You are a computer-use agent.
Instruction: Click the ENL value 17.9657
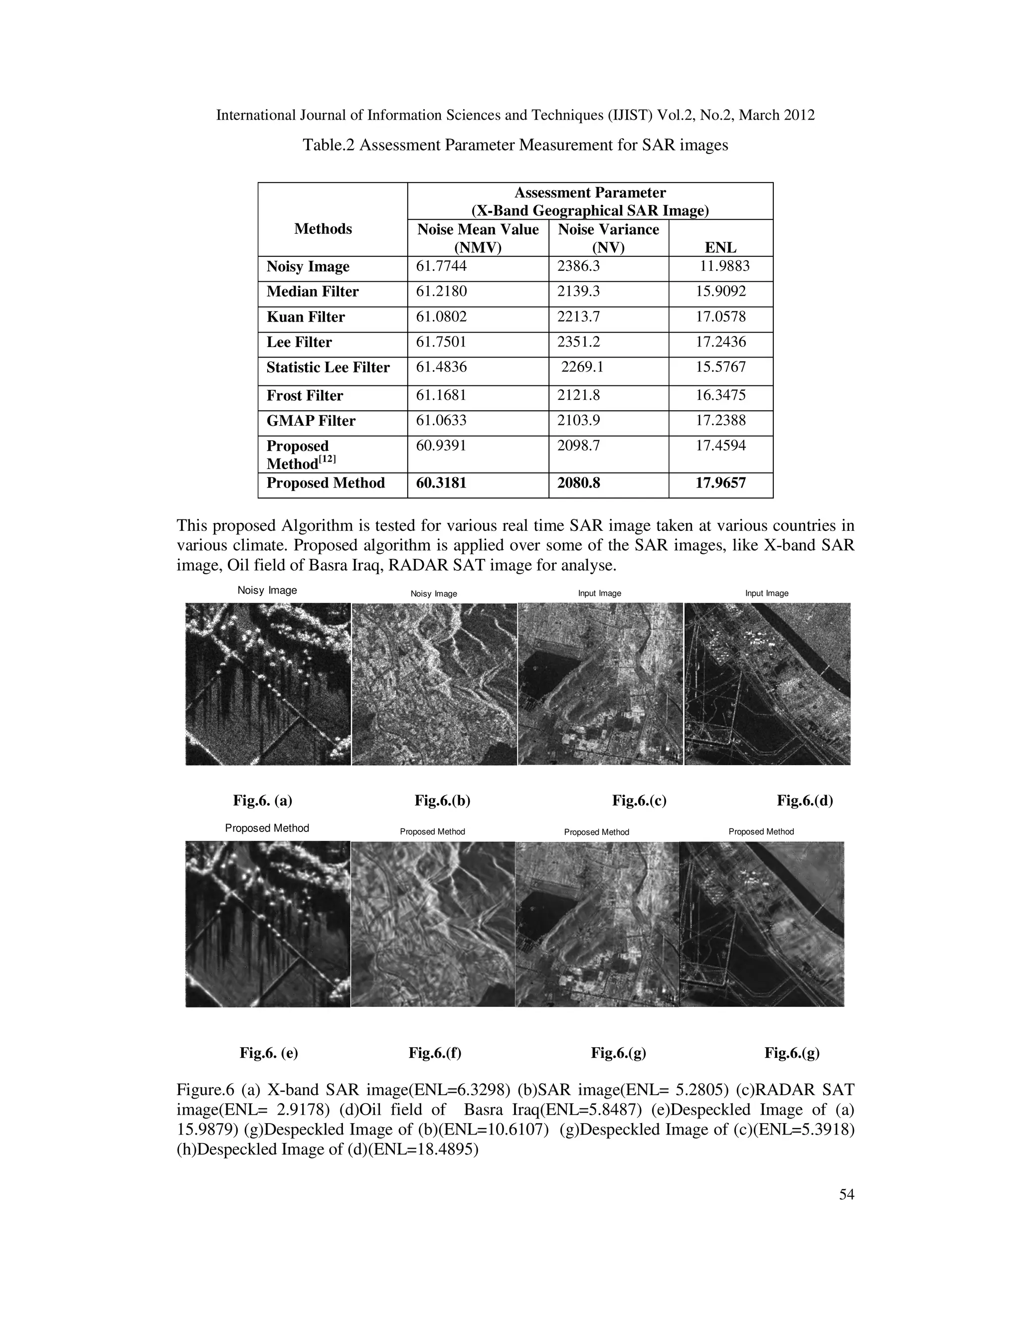point(720,483)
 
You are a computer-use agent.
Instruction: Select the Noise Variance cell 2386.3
point(578,266)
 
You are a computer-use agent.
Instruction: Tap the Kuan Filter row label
point(306,317)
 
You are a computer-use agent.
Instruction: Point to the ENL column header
point(720,247)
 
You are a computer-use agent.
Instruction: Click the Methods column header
point(323,229)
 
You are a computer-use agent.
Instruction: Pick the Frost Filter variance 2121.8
point(578,396)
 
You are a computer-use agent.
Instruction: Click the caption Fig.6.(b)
point(442,801)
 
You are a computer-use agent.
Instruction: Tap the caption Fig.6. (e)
point(269,1053)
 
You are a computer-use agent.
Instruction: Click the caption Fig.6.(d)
point(805,801)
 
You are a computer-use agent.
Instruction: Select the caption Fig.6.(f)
point(435,1053)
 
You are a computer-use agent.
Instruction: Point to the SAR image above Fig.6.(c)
point(600,683)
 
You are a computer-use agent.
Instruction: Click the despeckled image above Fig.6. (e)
point(267,924)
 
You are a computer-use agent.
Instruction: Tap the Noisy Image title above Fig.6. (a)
point(267,590)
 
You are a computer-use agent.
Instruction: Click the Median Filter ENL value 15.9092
point(720,292)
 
